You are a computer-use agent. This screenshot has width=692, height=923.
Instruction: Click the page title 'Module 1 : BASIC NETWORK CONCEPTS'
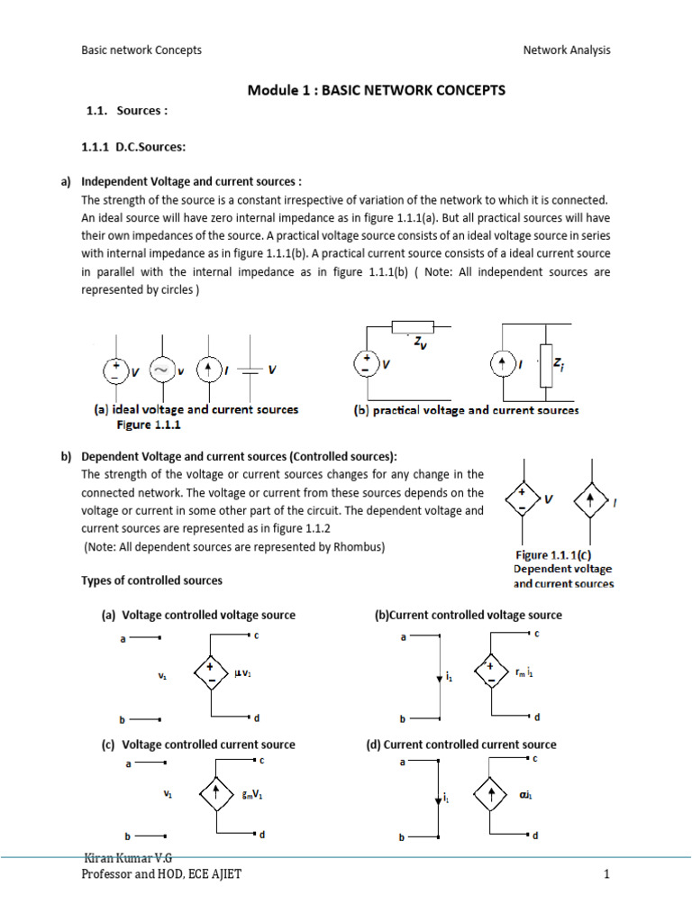(377, 90)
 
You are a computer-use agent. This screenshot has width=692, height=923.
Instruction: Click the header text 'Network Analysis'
(567, 50)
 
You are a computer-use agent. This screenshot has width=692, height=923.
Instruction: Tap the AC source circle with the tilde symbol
(161, 370)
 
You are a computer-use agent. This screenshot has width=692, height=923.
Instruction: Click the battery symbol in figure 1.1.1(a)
(252, 370)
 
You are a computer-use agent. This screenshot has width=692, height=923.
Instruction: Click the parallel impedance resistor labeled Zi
(545, 364)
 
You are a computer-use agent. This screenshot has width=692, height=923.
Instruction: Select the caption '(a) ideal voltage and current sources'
(196, 409)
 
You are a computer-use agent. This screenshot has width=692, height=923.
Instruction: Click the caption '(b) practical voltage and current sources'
(465, 410)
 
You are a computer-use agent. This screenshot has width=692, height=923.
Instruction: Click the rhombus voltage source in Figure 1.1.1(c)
(521, 499)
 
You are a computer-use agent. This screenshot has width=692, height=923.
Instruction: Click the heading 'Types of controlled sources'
(151, 580)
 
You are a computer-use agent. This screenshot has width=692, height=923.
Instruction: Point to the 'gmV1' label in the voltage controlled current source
(252, 795)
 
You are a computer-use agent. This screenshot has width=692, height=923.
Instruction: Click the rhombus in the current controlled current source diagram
(491, 794)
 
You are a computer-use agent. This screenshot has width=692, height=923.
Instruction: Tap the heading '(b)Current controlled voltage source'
(468, 615)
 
